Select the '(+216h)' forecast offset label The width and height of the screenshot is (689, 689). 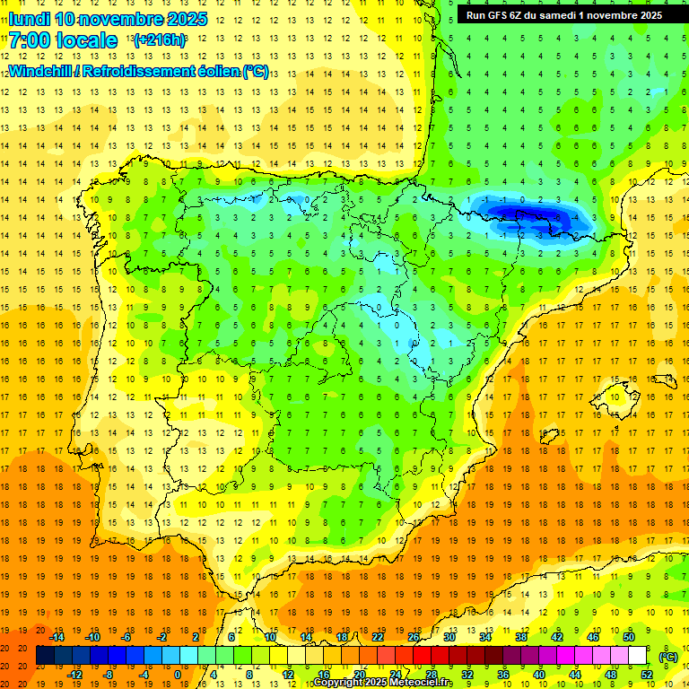coord(160,40)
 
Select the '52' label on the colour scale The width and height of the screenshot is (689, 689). coord(647,674)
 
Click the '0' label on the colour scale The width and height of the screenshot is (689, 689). coord(178,674)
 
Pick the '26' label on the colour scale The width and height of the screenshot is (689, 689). coord(414,636)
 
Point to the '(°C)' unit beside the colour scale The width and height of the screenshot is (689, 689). coord(668,656)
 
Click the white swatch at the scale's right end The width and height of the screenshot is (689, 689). coord(638,655)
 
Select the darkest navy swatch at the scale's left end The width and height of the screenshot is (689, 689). coord(45,655)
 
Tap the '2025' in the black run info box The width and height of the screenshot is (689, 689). coord(645,14)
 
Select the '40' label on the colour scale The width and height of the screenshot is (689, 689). coord(539,674)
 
